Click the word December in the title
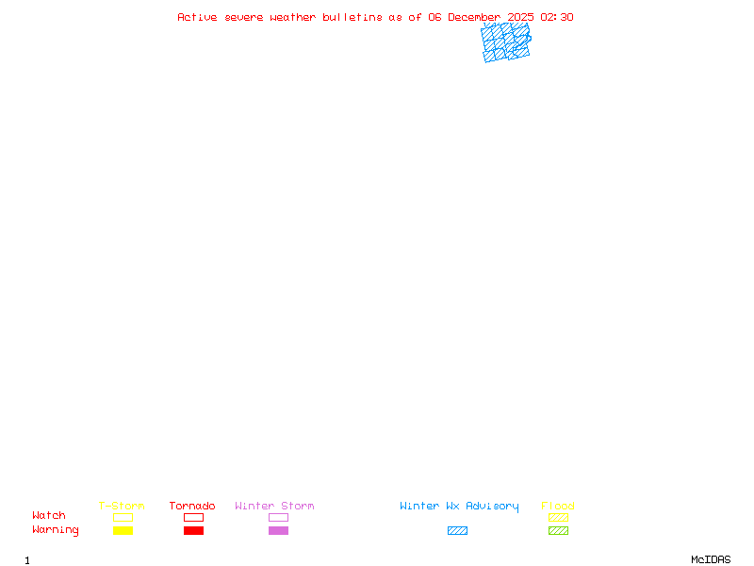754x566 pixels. pos(474,17)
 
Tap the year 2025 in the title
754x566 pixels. pos(520,17)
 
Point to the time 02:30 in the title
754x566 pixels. pos(557,17)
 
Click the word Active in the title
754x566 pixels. pos(197,17)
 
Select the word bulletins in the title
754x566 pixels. pos(352,17)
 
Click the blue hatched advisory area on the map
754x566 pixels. pos(506,42)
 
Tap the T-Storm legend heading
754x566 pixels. pos(122,506)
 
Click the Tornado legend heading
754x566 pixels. pos(192,506)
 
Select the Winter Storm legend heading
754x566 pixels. pos(274,506)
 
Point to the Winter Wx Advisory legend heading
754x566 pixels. pos(459,507)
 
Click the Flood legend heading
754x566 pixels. pos(558,506)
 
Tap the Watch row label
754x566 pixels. pos(49,515)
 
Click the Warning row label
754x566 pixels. pos(56,530)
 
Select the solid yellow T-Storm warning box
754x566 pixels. pos(123,530)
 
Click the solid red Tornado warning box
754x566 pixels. pos(194,530)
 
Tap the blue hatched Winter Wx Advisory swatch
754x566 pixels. pos(457,530)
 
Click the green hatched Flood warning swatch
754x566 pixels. pos(558,530)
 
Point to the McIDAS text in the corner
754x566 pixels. pos(711,559)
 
